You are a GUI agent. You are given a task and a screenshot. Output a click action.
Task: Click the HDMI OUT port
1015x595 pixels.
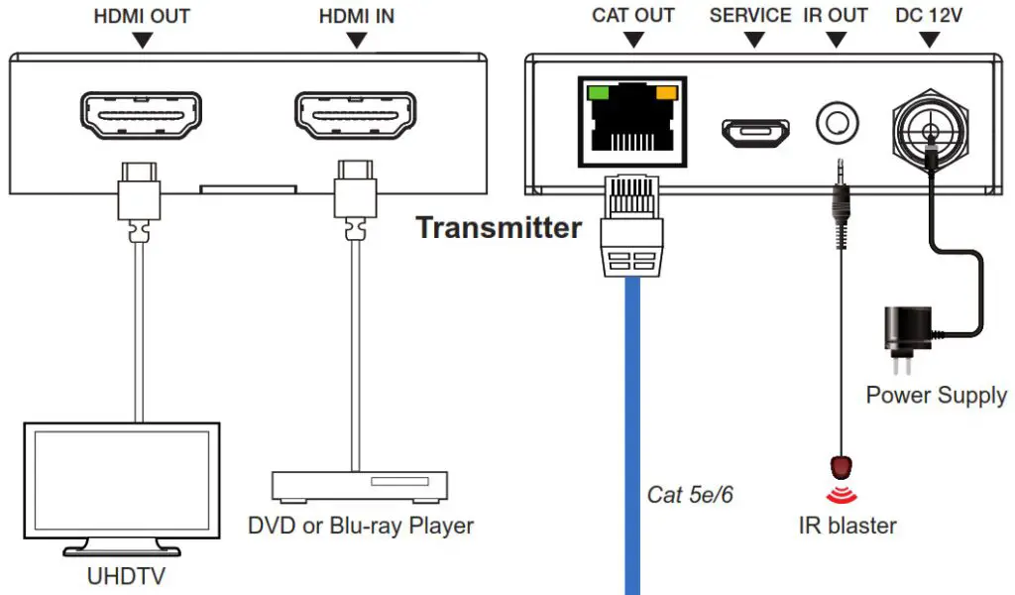(x=141, y=115)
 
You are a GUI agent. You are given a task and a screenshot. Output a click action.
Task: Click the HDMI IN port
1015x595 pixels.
(x=356, y=115)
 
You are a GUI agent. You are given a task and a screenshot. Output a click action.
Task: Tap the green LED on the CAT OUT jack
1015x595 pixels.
(x=598, y=92)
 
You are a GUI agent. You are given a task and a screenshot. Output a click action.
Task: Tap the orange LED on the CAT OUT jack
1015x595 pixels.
(x=667, y=92)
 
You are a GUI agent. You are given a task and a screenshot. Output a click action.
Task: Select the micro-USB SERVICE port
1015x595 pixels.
(x=755, y=132)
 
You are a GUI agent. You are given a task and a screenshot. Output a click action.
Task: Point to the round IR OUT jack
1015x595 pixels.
(x=838, y=122)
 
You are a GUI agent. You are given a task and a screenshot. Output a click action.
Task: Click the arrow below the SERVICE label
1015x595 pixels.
(x=754, y=40)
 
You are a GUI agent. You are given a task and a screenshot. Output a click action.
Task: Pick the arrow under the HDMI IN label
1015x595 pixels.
(x=357, y=40)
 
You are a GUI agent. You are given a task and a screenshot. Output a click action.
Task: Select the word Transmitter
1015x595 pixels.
(x=499, y=228)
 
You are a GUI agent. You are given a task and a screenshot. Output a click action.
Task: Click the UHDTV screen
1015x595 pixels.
(x=122, y=480)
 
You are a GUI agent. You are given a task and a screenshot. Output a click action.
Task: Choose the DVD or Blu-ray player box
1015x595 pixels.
(x=360, y=486)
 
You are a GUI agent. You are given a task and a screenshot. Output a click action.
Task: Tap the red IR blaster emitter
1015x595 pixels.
(x=841, y=467)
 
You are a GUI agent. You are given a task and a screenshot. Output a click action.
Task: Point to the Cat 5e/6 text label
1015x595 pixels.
(x=690, y=495)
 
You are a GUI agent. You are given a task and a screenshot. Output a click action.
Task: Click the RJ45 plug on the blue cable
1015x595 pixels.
(x=631, y=227)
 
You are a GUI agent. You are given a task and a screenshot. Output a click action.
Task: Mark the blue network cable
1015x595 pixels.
(x=632, y=435)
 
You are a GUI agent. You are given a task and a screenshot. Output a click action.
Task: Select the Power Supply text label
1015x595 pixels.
(x=937, y=396)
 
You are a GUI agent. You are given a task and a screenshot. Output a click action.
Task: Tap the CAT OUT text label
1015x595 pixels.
(x=633, y=16)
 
